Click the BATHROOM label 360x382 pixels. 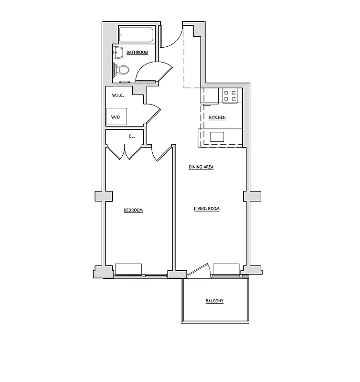click(137, 53)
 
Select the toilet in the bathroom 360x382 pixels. click(122, 70)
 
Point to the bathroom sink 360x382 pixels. click(118, 52)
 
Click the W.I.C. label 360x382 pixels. click(118, 95)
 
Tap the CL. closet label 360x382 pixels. click(132, 136)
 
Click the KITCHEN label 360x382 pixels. click(217, 117)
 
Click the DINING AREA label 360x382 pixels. click(201, 167)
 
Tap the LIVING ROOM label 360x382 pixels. click(207, 209)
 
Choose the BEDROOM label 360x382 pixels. click(133, 210)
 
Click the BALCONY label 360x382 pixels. click(214, 301)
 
